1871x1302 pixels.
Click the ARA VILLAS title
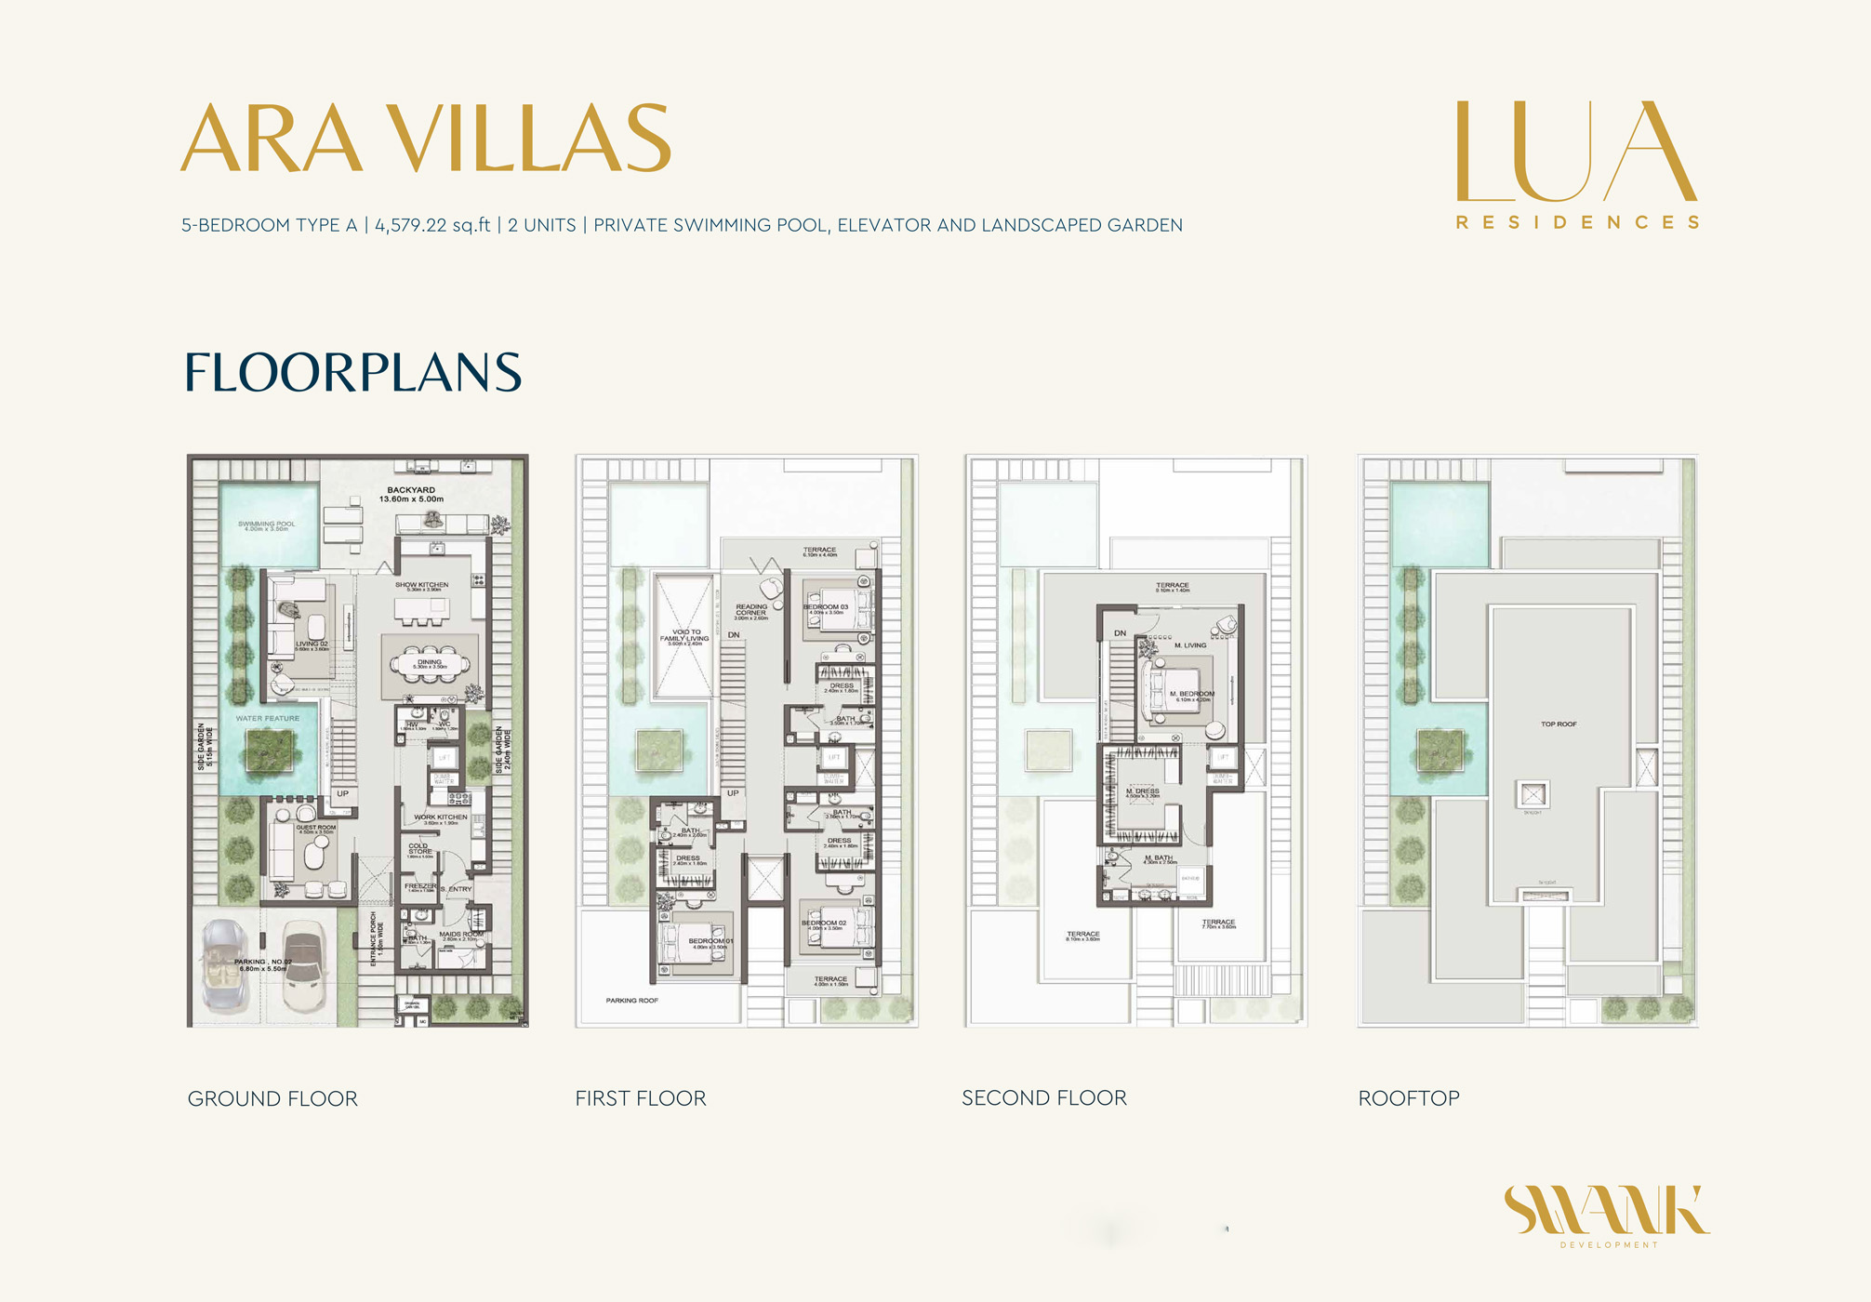click(425, 139)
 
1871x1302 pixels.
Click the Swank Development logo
click(1607, 1215)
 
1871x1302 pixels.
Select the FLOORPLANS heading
click(352, 372)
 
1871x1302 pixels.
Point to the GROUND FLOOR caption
click(272, 1099)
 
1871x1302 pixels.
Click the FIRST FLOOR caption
click(641, 1099)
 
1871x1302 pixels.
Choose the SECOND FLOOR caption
click(1044, 1098)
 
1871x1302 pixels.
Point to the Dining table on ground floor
click(430, 664)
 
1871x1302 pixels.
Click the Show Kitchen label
click(421, 586)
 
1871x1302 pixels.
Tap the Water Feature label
click(268, 719)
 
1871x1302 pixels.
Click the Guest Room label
click(316, 828)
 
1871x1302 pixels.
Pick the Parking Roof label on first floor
click(632, 1001)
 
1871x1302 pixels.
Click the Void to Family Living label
click(685, 636)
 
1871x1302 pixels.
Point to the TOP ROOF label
click(1559, 724)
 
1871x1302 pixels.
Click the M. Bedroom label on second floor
click(1191, 695)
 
